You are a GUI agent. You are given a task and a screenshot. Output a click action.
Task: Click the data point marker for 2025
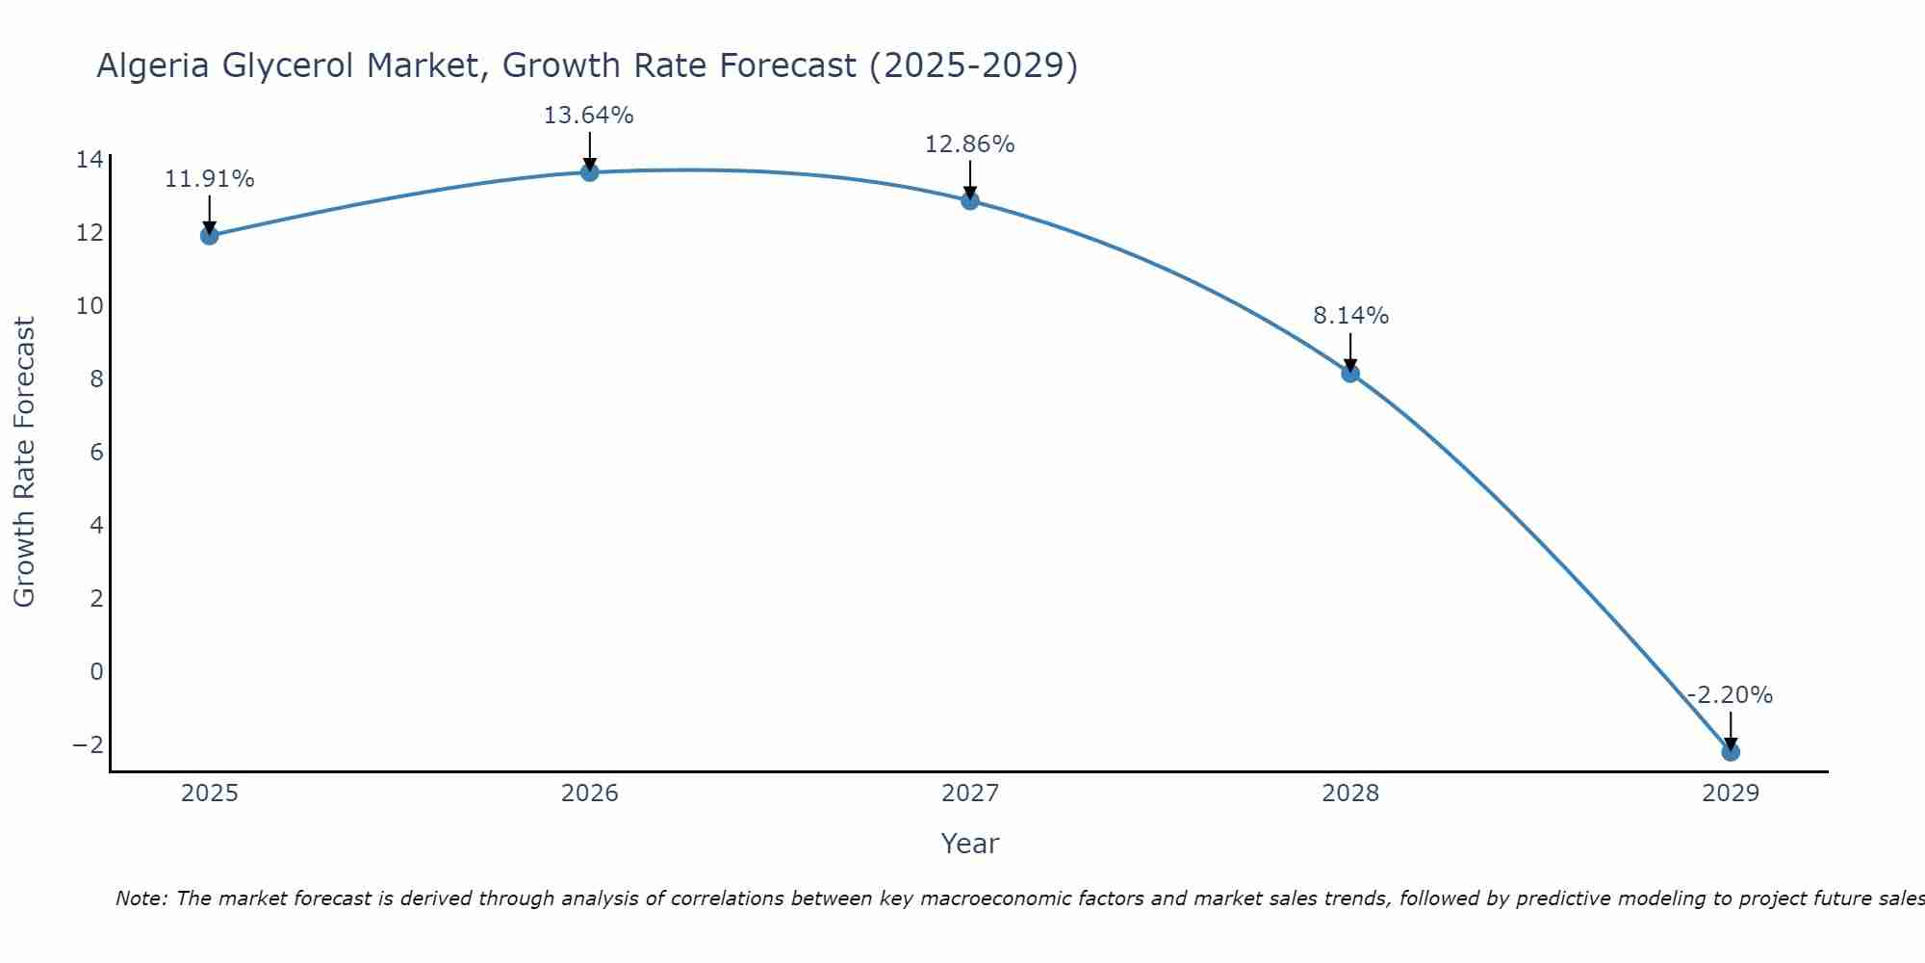click(x=210, y=236)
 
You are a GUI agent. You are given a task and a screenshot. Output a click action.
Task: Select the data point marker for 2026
click(x=590, y=172)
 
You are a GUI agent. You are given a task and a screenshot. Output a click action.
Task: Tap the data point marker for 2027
click(x=970, y=200)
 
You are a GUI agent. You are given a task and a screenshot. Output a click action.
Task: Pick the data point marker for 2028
click(x=1350, y=374)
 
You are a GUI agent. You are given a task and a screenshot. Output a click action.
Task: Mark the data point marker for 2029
click(x=1731, y=752)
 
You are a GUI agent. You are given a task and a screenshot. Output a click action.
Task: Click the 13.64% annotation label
click(x=589, y=116)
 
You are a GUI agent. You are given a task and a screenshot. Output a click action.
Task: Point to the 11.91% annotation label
click(x=210, y=179)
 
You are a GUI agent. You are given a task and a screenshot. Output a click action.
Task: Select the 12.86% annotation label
click(x=970, y=144)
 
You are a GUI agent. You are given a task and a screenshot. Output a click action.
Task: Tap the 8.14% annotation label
click(x=1350, y=316)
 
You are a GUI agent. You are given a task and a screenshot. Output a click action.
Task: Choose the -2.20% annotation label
click(x=1730, y=695)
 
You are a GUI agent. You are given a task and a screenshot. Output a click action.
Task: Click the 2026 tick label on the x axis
click(x=590, y=794)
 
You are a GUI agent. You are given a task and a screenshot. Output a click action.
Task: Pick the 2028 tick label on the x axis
click(x=1350, y=794)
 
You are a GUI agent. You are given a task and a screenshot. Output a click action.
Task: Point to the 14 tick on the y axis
click(x=90, y=160)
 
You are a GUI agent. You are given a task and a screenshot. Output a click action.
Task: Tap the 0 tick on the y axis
click(x=96, y=672)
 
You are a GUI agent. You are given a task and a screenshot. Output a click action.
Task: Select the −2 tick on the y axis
click(x=89, y=745)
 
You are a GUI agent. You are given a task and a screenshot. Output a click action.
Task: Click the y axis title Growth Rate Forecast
click(x=24, y=462)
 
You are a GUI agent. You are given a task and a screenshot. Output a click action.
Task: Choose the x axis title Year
click(x=970, y=844)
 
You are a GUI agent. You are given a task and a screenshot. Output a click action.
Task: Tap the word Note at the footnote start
click(x=141, y=898)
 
